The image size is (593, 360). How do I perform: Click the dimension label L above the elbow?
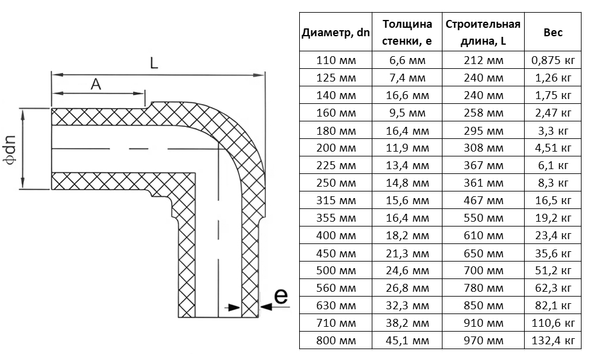154,63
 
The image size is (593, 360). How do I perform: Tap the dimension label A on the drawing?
96,84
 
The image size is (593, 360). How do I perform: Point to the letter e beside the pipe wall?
280,296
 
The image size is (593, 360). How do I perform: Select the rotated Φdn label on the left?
10,149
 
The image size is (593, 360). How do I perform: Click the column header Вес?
553,33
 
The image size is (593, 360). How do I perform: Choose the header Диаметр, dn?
335,33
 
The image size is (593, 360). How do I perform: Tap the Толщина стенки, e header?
407,33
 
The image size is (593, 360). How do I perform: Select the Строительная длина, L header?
483,33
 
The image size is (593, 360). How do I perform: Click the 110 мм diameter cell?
336,60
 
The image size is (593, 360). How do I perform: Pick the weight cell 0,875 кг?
553,60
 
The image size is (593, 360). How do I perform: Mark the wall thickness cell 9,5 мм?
407,113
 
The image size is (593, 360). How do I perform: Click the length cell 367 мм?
484,166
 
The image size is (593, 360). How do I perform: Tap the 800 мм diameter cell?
336,341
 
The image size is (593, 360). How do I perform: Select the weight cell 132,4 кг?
553,341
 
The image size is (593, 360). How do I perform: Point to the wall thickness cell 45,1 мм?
407,341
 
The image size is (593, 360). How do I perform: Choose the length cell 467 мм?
484,201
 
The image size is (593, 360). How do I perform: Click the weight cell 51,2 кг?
553,271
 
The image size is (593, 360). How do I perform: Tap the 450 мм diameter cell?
336,253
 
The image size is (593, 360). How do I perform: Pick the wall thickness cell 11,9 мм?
407,148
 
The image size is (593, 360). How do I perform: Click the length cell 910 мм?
484,323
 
